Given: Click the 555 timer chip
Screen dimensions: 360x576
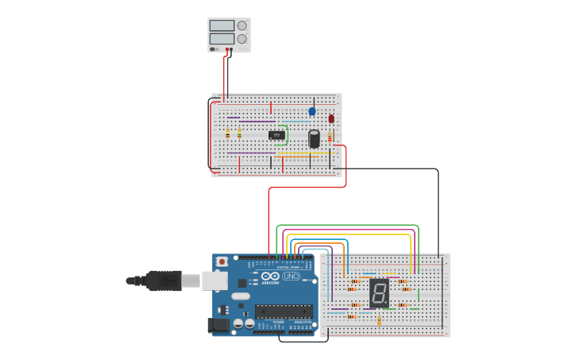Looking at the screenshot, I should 276,135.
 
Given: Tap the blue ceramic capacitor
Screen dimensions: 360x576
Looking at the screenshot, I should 312,111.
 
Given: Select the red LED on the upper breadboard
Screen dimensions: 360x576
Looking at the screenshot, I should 331,118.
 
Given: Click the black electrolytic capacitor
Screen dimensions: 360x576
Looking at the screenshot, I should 315,139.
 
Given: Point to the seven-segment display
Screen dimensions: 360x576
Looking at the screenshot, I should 379,293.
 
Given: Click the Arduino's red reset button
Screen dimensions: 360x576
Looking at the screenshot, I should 222,261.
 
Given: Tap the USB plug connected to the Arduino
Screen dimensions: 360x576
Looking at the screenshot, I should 163,280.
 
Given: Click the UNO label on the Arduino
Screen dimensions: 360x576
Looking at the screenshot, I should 291,277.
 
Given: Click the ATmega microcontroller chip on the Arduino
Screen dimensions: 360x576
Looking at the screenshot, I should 283,312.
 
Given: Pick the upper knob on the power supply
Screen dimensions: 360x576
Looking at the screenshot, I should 242,25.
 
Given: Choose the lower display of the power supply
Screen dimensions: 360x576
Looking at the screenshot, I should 222,38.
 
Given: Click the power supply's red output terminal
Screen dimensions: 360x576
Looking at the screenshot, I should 228,49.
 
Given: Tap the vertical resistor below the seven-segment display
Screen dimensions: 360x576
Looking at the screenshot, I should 379,321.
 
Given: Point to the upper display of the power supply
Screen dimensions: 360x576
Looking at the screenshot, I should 222,25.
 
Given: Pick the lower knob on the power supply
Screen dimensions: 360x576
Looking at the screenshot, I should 242,38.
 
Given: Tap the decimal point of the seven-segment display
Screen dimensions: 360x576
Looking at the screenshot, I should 387,304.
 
